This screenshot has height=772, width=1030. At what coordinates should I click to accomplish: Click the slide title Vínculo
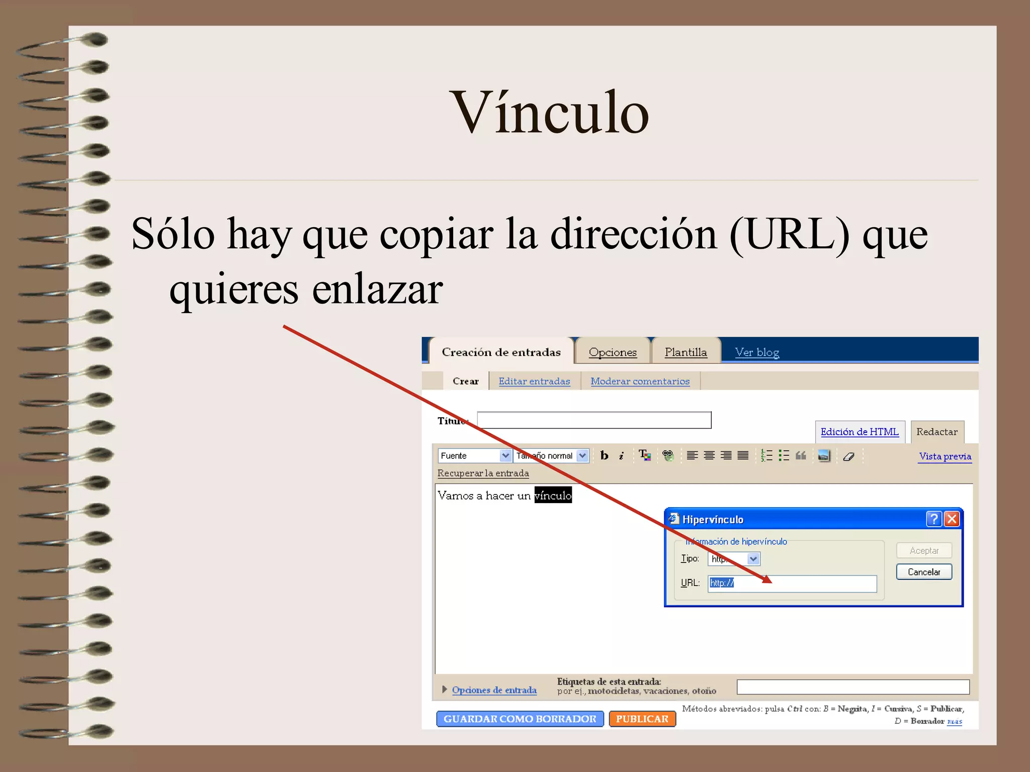pos(549,113)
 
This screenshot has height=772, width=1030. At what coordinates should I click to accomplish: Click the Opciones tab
pos(612,352)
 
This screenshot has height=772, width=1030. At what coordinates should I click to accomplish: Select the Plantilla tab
pos(685,352)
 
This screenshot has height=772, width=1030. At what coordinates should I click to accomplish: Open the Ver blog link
pos(757,352)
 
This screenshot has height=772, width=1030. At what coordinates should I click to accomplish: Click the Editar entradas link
pos(534,381)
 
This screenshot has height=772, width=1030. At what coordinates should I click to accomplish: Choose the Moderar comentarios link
pos(640,381)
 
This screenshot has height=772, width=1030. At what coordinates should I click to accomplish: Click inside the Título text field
pos(593,420)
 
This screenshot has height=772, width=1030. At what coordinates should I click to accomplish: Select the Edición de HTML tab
pos(859,432)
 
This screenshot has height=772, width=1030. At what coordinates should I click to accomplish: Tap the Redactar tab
pos(936,432)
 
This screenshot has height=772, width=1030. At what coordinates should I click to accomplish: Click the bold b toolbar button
pos(605,455)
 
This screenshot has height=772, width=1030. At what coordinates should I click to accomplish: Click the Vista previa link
pos(945,456)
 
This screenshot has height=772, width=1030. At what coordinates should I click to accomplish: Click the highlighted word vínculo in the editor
pos(553,495)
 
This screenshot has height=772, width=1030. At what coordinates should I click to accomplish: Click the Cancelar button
pos(923,572)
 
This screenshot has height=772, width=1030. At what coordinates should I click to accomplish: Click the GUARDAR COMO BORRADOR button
pos(520,719)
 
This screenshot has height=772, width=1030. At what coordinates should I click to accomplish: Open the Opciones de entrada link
pos(494,690)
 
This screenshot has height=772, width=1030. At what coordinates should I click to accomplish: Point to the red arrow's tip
pos(770,582)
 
